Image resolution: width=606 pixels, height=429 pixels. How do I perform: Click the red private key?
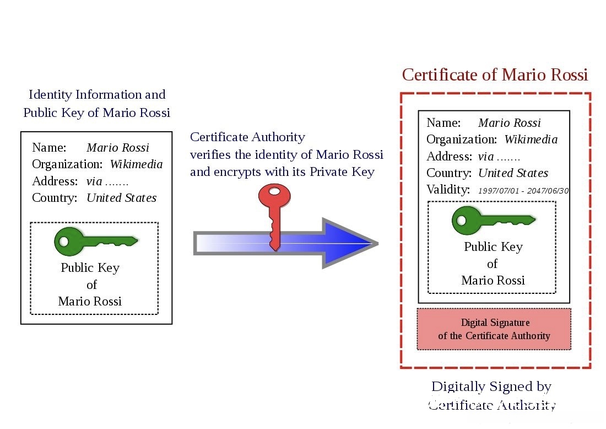274,217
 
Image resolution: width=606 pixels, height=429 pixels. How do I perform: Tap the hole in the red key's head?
274,191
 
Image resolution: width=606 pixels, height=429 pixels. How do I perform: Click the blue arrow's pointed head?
350,243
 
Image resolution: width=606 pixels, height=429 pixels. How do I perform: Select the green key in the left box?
96,242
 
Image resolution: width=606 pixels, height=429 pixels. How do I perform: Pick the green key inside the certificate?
494,221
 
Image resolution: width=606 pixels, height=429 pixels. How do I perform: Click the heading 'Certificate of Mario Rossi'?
495,74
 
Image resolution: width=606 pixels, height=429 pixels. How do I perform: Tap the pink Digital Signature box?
494,329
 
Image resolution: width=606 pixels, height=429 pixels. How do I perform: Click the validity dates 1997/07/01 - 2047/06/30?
523,191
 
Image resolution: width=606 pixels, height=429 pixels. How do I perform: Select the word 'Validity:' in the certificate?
448,190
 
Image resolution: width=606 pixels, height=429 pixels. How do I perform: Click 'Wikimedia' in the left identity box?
137,164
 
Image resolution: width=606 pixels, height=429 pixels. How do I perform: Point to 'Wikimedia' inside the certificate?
531,140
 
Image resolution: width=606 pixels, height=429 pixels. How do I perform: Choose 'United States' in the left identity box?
121,197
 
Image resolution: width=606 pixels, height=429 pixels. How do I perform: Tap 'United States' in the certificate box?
513,173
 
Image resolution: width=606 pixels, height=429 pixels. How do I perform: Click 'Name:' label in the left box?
49,147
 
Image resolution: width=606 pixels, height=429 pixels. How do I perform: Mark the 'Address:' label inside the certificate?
449,156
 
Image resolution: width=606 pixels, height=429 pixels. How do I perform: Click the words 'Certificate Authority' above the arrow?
247,137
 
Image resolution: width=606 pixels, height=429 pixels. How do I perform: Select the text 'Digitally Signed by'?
491,387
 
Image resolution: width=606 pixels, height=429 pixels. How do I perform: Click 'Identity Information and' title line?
97,94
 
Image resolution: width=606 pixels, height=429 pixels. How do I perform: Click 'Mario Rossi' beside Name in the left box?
118,147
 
